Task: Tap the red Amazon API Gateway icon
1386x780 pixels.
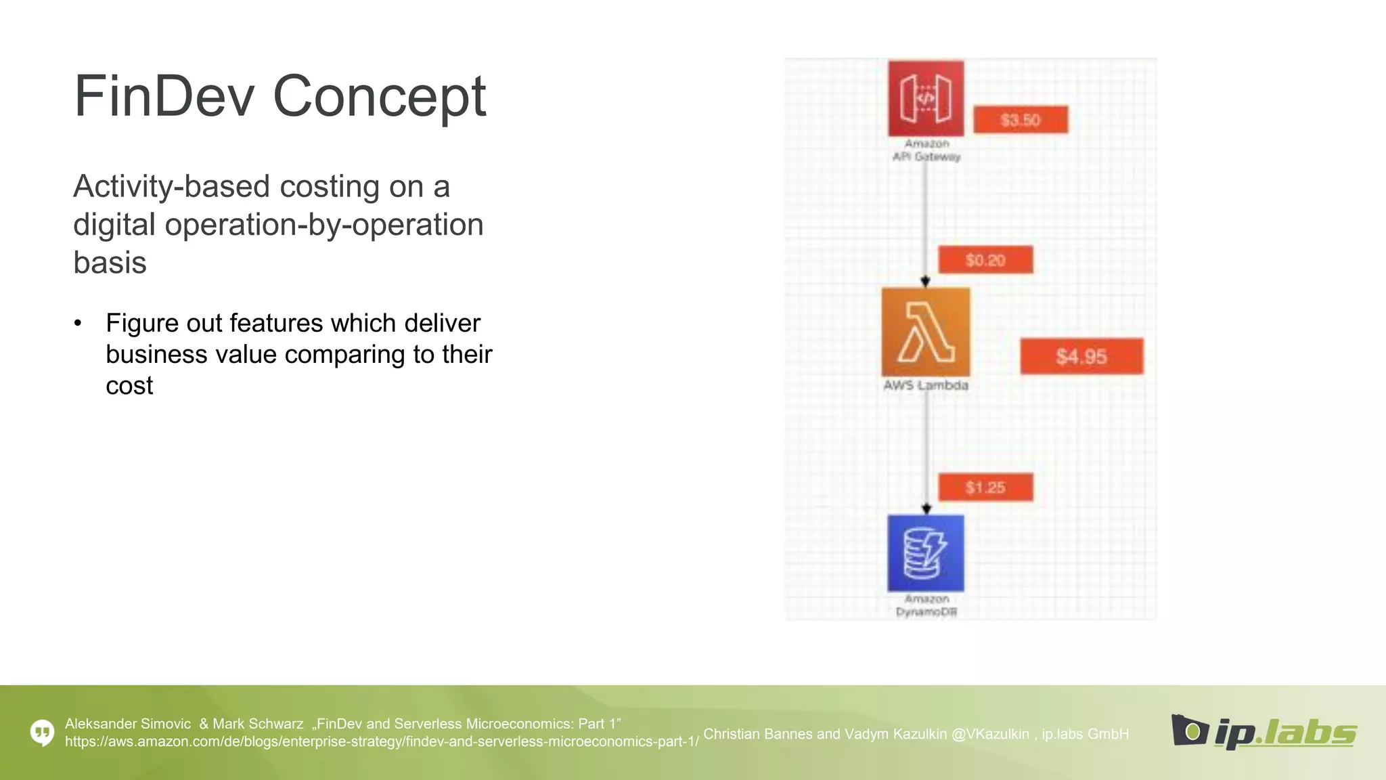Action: (x=926, y=99)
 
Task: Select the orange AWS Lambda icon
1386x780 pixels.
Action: (x=926, y=332)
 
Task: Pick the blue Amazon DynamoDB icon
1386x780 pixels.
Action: (x=926, y=553)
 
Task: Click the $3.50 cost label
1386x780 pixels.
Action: (x=1021, y=120)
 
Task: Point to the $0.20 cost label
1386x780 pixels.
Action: (x=985, y=260)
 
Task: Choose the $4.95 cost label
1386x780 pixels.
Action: (x=1081, y=356)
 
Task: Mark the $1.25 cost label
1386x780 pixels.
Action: (x=985, y=487)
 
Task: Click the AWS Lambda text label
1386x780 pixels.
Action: (x=926, y=385)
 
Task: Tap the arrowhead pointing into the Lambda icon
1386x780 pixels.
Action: (x=926, y=281)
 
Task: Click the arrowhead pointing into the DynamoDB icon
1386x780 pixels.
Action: (x=926, y=508)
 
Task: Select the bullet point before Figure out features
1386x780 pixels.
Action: (x=78, y=324)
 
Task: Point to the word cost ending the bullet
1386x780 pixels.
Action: (x=129, y=386)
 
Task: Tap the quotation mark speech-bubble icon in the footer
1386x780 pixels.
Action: (x=43, y=732)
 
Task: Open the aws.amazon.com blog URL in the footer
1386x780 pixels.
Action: (x=382, y=741)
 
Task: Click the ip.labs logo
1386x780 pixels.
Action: (x=1264, y=731)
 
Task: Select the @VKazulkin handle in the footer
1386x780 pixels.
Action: (x=989, y=734)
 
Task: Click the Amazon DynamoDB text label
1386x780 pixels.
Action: (x=926, y=605)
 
